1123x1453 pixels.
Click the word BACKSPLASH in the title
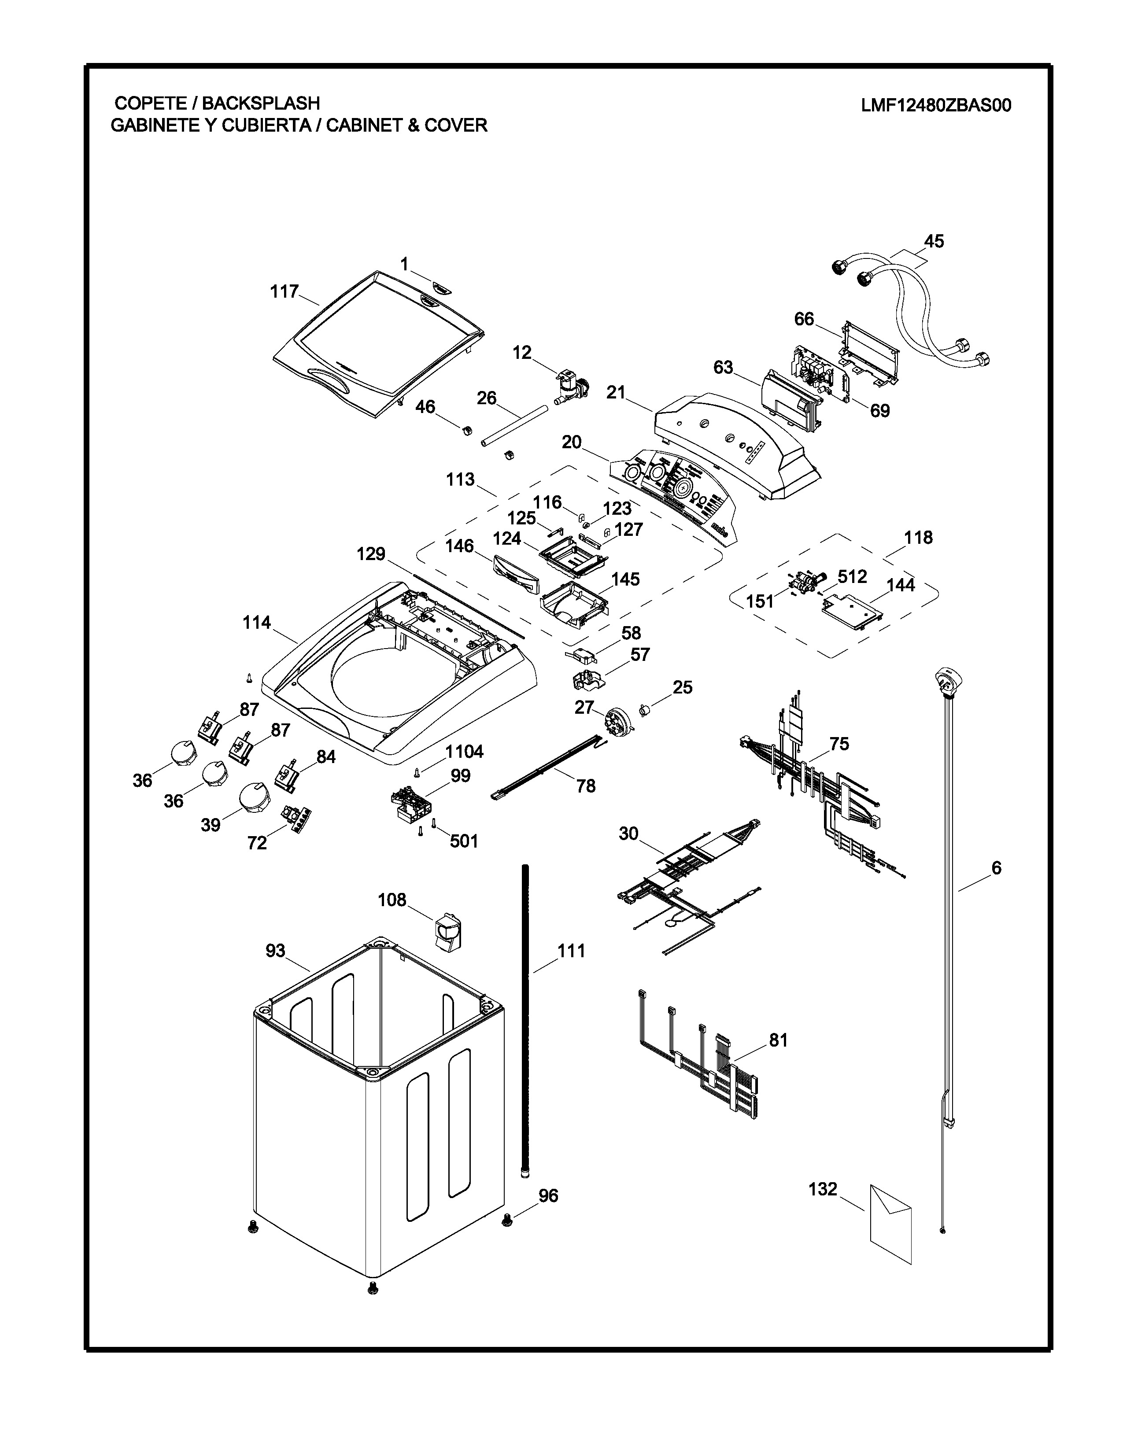click(261, 103)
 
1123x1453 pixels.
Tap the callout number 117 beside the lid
click(284, 291)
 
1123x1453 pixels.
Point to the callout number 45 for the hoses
click(934, 241)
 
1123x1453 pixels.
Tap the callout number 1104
click(464, 752)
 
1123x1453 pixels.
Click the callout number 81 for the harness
click(778, 1040)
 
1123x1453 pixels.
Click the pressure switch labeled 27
click(616, 720)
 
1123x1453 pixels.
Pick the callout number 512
click(852, 576)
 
